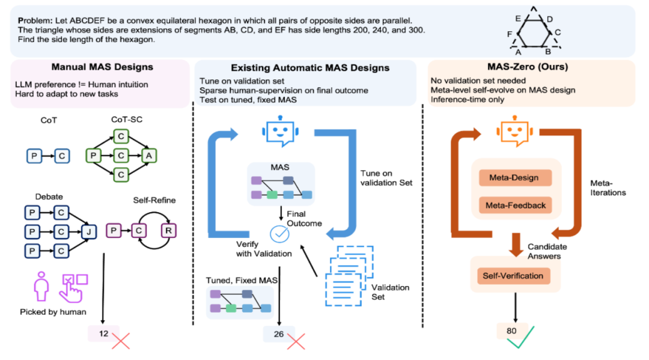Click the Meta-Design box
(x=515, y=177)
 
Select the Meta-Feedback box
(x=515, y=205)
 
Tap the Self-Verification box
(x=513, y=276)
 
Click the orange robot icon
(x=514, y=131)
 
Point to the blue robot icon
(x=280, y=131)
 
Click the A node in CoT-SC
(x=149, y=156)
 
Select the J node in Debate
(x=88, y=231)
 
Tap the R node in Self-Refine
(x=168, y=230)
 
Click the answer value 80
(x=511, y=331)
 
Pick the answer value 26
(x=279, y=334)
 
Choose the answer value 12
(x=103, y=334)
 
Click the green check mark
(x=520, y=338)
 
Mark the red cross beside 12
(x=121, y=341)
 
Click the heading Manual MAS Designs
(x=102, y=67)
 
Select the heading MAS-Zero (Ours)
(x=528, y=67)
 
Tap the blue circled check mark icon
(x=280, y=234)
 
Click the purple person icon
(x=41, y=286)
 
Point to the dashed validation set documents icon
(x=349, y=276)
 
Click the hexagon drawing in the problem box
(x=534, y=32)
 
